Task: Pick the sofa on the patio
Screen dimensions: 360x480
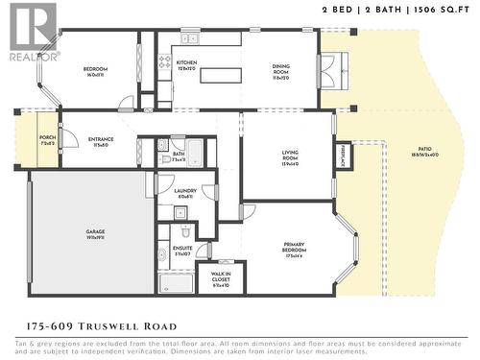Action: click(328, 66)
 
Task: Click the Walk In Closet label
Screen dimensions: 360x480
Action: click(220, 278)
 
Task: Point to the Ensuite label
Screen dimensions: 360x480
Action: click(182, 251)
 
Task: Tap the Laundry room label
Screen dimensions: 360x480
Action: click(185, 193)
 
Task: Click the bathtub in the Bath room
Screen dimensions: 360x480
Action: click(194, 153)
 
